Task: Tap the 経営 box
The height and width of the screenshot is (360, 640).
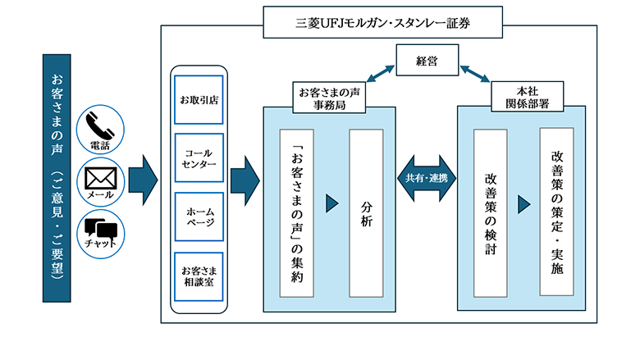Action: click(x=426, y=59)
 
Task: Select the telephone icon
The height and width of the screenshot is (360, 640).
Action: click(x=99, y=129)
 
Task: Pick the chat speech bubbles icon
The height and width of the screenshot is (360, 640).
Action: click(x=99, y=229)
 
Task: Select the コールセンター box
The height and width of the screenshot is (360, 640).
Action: click(x=199, y=157)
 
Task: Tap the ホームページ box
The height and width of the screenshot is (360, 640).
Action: click(x=199, y=216)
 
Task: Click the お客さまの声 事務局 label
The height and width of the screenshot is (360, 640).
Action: click(x=329, y=95)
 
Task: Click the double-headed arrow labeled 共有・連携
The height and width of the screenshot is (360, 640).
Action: click(x=426, y=179)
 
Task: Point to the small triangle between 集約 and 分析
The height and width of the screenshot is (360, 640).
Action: click(x=332, y=203)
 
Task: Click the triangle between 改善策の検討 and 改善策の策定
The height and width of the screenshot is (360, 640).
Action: click(x=524, y=203)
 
